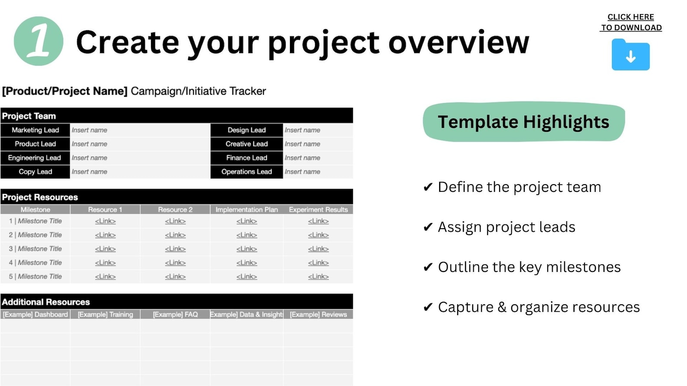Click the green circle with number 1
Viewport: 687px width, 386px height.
pyautogui.click(x=39, y=41)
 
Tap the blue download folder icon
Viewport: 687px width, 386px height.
pyautogui.click(x=630, y=55)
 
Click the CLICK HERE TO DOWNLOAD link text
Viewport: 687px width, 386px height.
pyautogui.click(x=631, y=22)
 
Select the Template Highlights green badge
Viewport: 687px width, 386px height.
pyautogui.click(x=523, y=122)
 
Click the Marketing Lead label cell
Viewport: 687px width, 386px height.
pyautogui.click(x=35, y=130)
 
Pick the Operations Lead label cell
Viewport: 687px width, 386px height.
pyautogui.click(x=247, y=172)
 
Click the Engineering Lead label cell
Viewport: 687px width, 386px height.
pyautogui.click(x=35, y=158)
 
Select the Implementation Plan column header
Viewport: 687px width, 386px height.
pyautogui.click(x=247, y=210)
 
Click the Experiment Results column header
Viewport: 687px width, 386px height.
pyautogui.click(x=318, y=210)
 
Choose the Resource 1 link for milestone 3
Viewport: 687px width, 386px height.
pyautogui.click(x=105, y=249)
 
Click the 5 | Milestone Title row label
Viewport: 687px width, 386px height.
pyautogui.click(x=35, y=277)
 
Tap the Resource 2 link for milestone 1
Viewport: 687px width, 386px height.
pyautogui.click(x=175, y=221)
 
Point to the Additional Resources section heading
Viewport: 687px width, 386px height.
pyautogui.click(x=46, y=302)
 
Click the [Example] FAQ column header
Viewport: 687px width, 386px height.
pyautogui.click(x=175, y=315)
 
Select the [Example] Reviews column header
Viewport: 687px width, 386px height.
pyautogui.click(x=318, y=315)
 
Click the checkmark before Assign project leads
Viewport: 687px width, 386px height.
pyautogui.click(x=428, y=227)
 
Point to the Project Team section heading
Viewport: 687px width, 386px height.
pyautogui.click(x=29, y=116)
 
